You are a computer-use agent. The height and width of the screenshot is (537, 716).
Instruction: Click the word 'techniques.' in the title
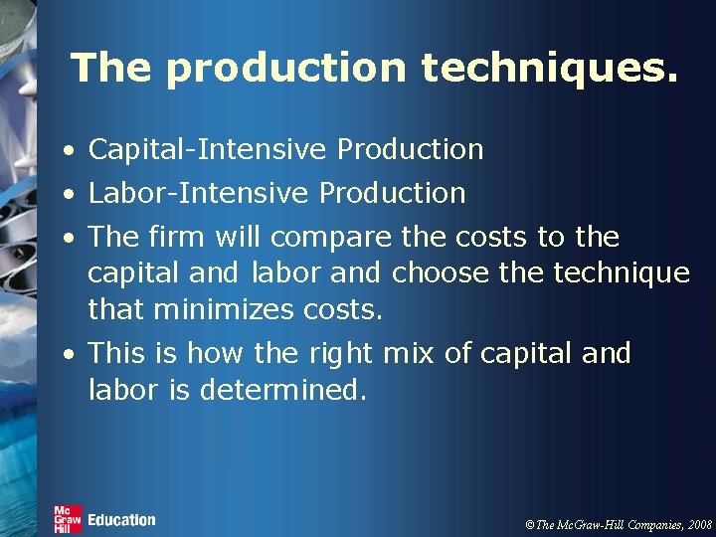[x=550, y=68]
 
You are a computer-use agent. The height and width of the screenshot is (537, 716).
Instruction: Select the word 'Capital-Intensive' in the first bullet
[x=208, y=150]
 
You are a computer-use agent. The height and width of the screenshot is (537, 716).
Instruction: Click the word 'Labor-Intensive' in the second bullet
[x=199, y=193]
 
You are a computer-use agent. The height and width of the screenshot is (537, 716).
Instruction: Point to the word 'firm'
[x=175, y=237]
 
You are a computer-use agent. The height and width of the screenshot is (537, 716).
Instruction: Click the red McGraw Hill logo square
[x=68, y=518]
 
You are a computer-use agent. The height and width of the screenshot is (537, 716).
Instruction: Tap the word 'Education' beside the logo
[x=121, y=519]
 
